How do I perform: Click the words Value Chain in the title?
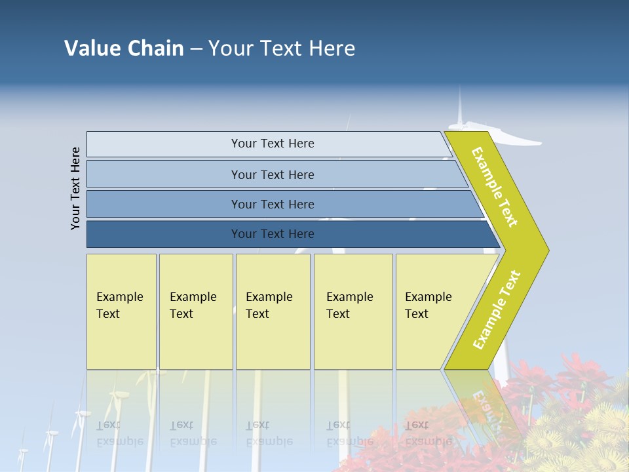pyautogui.click(x=124, y=49)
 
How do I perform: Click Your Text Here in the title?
pyautogui.click(x=282, y=49)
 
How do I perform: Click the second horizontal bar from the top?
pyautogui.click(x=272, y=174)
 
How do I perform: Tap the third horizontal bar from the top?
pyautogui.click(x=272, y=204)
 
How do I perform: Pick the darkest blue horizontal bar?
pyautogui.click(x=272, y=234)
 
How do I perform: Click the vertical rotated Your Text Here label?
pyautogui.click(x=76, y=188)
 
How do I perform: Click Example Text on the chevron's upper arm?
pyautogui.click(x=495, y=187)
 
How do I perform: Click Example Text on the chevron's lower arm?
pyautogui.click(x=496, y=310)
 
